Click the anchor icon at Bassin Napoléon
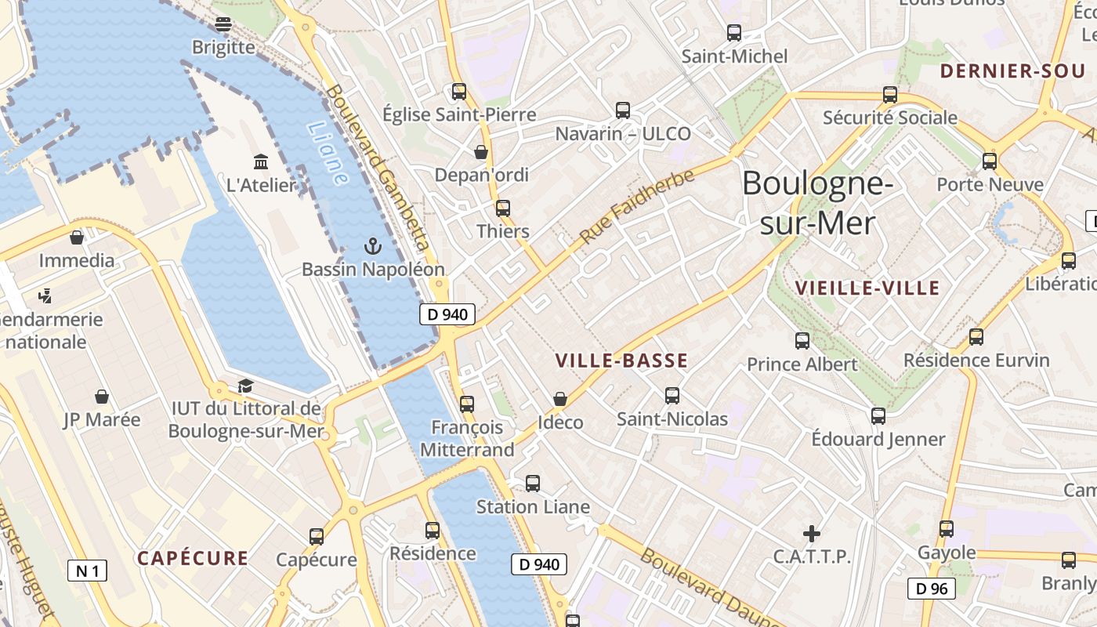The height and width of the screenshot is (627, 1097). (x=373, y=247)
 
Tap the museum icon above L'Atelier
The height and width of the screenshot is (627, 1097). (x=261, y=162)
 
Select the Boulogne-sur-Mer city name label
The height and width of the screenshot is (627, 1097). (x=817, y=203)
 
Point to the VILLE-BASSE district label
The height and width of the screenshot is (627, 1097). (x=621, y=361)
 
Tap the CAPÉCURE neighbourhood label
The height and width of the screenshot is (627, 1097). (x=193, y=559)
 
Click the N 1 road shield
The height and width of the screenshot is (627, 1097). (x=87, y=571)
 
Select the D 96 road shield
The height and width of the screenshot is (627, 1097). (x=932, y=589)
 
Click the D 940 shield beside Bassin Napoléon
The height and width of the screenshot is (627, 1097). (x=448, y=315)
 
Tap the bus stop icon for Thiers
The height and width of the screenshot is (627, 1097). (x=503, y=208)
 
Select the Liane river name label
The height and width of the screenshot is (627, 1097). (x=328, y=154)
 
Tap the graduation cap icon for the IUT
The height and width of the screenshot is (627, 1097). (x=245, y=386)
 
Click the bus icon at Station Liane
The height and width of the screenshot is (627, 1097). (x=533, y=484)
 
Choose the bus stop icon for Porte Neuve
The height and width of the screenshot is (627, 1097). (x=990, y=161)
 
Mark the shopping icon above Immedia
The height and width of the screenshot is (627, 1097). (x=77, y=237)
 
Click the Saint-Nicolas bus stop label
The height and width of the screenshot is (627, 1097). (x=672, y=419)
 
